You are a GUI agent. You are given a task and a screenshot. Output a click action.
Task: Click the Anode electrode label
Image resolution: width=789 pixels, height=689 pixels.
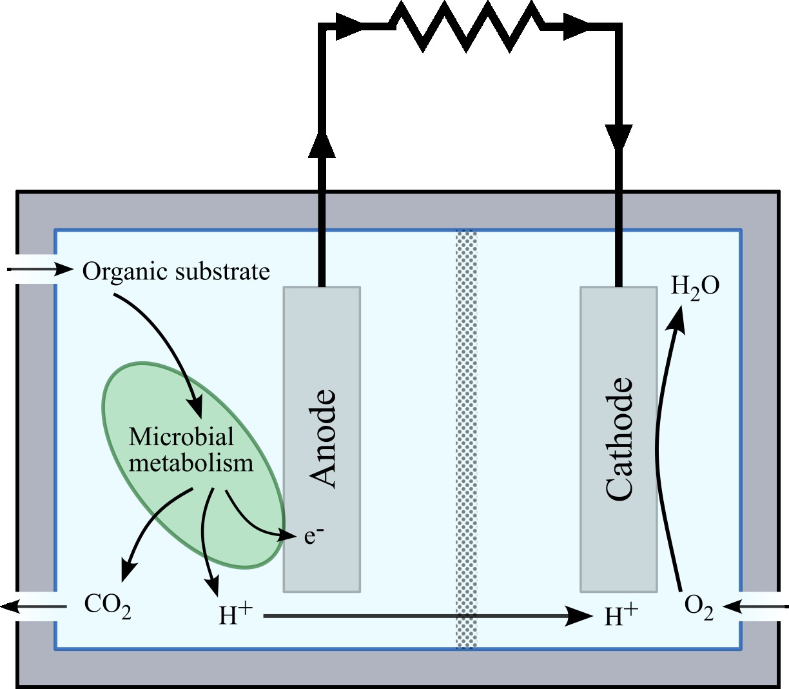click(322, 439)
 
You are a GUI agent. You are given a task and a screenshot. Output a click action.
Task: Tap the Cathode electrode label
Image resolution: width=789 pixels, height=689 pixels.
click(619, 439)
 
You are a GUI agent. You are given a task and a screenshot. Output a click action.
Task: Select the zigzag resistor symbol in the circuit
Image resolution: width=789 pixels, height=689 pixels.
click(467, 26)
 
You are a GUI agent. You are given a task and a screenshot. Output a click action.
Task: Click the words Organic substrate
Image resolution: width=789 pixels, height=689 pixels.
click(176, 272)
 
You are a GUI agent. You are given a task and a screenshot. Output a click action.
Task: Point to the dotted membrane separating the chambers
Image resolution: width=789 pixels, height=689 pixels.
click(466, 439)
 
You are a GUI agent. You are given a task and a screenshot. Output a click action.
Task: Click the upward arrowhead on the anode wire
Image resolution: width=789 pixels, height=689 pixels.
click(322, 143)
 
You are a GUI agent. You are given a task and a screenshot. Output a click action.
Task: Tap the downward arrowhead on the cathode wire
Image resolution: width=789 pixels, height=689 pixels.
click(619, 137)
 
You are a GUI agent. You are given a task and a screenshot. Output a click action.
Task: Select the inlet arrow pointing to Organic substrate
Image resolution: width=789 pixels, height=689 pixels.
click(40, 268)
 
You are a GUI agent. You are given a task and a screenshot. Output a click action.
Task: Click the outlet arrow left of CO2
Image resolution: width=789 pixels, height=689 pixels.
click(34, 606)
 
